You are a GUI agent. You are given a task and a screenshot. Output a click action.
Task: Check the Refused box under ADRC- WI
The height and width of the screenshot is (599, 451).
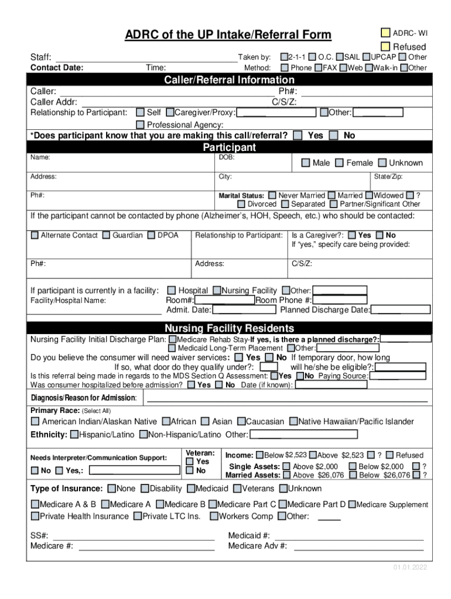pos(385,46)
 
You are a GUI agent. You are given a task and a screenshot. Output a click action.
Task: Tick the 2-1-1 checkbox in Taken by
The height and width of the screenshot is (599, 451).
pos(284,57)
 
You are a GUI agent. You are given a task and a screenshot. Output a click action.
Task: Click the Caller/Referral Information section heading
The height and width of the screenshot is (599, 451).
pos(229,80)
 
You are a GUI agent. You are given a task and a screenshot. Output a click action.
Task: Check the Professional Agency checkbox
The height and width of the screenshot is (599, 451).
pos(140,125)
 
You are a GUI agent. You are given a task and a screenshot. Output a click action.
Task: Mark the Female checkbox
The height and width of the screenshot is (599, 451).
pos(339,163)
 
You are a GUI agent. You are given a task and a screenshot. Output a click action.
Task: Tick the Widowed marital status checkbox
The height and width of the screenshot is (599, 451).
pos(369,195)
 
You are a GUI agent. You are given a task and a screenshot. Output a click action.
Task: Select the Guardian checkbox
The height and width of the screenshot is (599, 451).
pos(106,235)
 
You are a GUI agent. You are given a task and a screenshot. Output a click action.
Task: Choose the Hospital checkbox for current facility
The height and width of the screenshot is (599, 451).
pos(172,290)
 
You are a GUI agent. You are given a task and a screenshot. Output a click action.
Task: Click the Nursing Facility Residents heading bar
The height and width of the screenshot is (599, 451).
pos(229,328)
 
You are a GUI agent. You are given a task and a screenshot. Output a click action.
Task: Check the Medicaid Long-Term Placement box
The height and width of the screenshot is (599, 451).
pos(172,348)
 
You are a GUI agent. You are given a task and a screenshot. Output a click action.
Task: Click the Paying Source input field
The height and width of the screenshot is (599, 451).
pos(397,376)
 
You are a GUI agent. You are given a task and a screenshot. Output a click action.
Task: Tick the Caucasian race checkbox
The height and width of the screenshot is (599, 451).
pos(241,421)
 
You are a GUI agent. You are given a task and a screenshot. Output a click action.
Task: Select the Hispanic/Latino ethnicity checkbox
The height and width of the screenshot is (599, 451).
pos(74,435)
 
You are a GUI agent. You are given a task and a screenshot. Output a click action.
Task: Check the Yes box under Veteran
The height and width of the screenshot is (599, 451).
pos(190,462)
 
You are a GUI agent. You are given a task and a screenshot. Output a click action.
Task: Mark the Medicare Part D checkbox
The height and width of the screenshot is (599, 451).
pos(283,504)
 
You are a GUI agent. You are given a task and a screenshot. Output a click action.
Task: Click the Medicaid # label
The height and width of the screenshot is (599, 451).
pos(248,535)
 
